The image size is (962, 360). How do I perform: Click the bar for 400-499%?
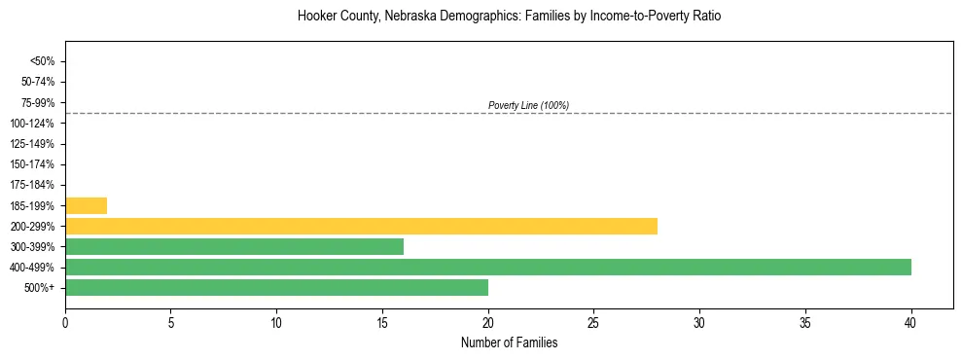(488, 267)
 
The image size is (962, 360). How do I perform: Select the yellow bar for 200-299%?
(361, 226)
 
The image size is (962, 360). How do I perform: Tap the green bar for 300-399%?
(234, 246)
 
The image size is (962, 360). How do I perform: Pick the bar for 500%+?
(276, 287)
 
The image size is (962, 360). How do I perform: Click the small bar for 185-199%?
(86, 205)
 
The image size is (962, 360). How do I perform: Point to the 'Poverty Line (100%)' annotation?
(528, 105)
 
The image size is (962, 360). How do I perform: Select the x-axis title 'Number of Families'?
(509, 342)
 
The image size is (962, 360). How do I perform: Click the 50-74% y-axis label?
(39, 82)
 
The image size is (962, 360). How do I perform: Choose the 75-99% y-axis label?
(39, 102)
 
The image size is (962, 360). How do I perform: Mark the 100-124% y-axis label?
(35, 124)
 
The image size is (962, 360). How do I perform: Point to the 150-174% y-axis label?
(35, 164)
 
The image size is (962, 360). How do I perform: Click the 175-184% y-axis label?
(35, 185)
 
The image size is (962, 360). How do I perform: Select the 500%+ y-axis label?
(41, 288)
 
